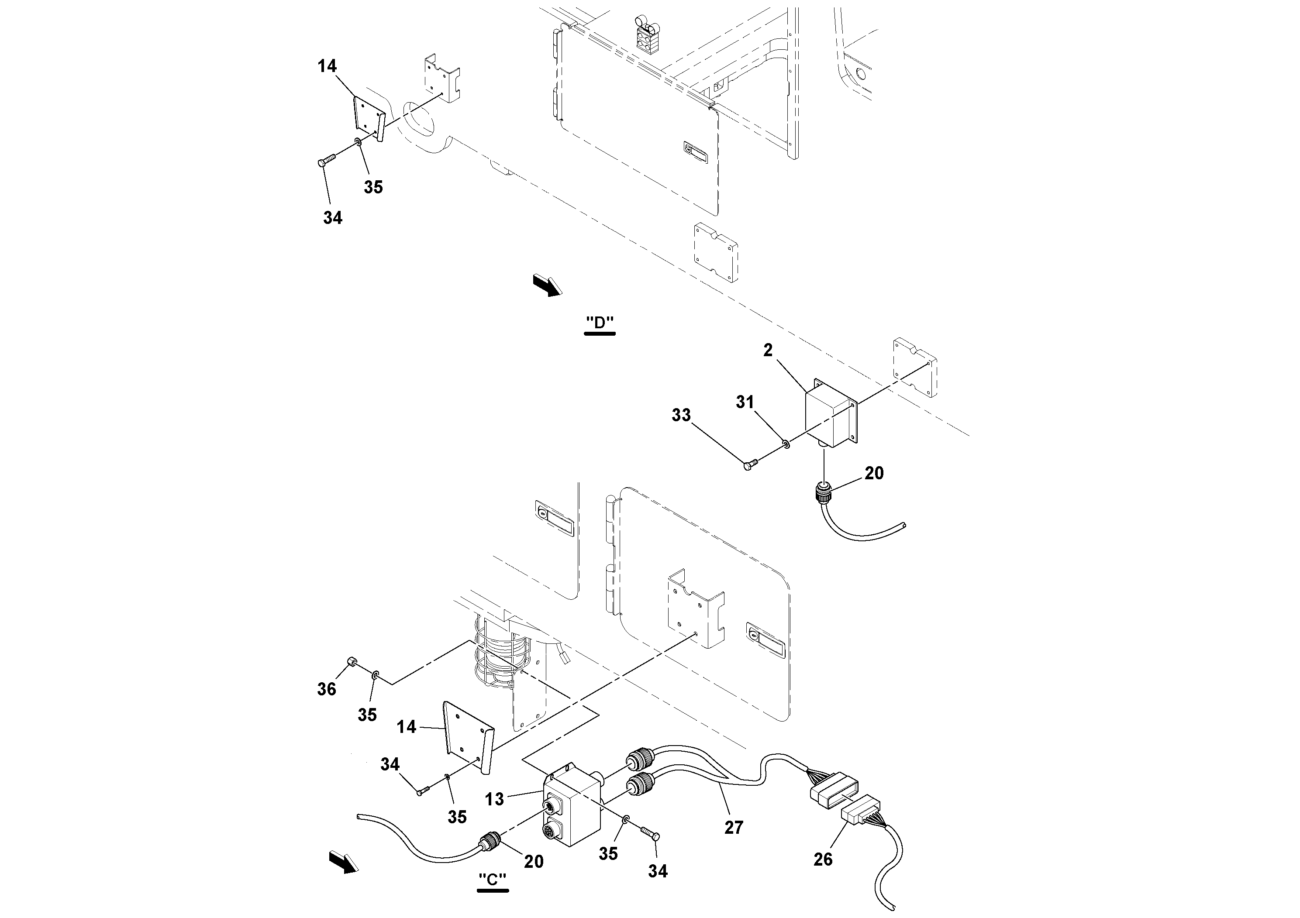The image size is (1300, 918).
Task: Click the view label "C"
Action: point(492,880)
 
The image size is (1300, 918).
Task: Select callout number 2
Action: point(768,351)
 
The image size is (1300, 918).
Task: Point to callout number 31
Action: point(745,402)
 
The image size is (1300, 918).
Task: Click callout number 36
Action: point(327,689)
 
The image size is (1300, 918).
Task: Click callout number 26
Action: point(823,859)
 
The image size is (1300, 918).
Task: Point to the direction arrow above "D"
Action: point(548,285)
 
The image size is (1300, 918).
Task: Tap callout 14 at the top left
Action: point(327,66)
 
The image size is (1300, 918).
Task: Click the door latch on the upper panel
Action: point(695,151)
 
